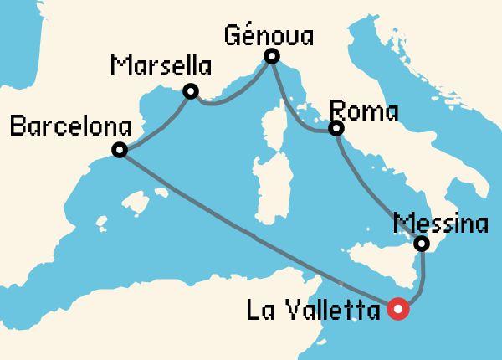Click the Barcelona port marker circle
[x=120, y=151]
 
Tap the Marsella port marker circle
[x=191, y=91]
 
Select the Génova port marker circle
[x=271, y=57]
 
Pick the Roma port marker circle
[x=336, y=129]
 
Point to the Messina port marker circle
[x=423, y=244]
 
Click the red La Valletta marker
[x=398, y=310]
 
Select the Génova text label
[x=270, y=35]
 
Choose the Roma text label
[x=364, y=111]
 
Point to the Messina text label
[x=441, y=224]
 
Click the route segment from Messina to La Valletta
[x=423, y=280]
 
